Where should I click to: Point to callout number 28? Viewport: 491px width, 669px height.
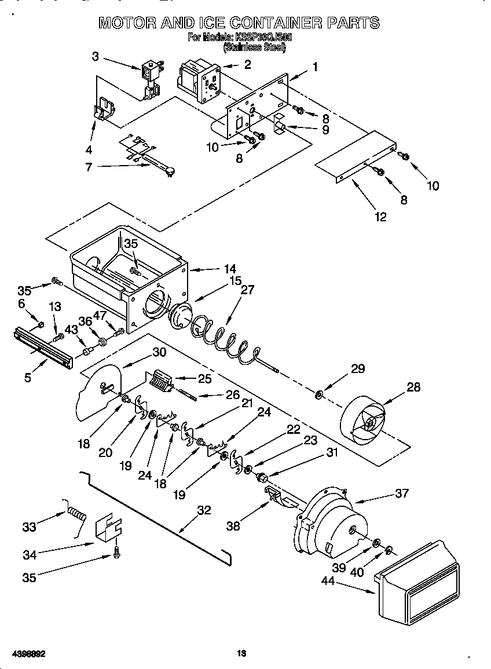coord(413,387)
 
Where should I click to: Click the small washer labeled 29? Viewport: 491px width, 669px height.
coord(319,395)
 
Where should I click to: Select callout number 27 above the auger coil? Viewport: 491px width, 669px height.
coord(247,290)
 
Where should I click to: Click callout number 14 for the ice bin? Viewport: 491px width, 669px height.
coord(230,269)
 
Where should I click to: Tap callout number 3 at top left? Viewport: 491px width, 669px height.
coord(95,56)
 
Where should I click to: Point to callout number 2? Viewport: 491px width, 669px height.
coord(247,64)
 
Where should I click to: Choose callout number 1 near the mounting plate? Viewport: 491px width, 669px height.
coord(315,67)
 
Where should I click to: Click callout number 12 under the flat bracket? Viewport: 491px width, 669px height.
coord(380,217)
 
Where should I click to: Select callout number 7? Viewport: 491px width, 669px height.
coord(89,167)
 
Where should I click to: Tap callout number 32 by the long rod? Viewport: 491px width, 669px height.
coord(204,510)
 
